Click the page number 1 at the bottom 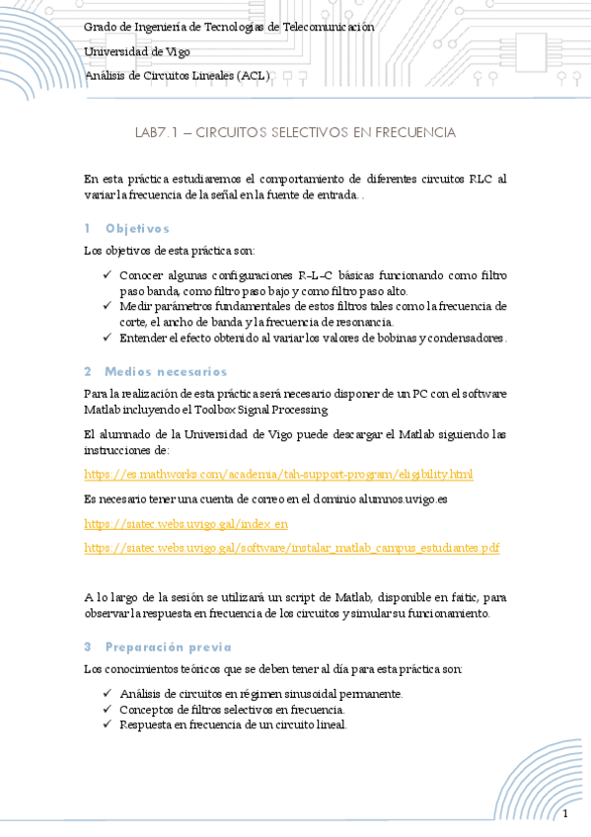[x=565, y=814]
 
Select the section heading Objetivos [x=137, y=229]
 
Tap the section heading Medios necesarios [x=165, y=372]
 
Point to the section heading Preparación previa [x=168, y=647]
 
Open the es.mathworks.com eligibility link [x=279, y=475]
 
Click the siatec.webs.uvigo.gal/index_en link [x=186, y=524]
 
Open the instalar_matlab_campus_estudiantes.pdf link [x=292, y=548]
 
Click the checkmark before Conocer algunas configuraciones [x=108, y=275]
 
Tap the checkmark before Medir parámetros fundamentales [x=108, y=306]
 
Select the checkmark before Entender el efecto [x=108, y=338]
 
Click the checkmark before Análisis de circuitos [x=108, y=694]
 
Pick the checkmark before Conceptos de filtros [x=108, y=709]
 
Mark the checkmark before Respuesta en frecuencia [x=108, y=724]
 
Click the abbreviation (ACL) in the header [x=254, y=75]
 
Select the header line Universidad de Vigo [x=137, y=51]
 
